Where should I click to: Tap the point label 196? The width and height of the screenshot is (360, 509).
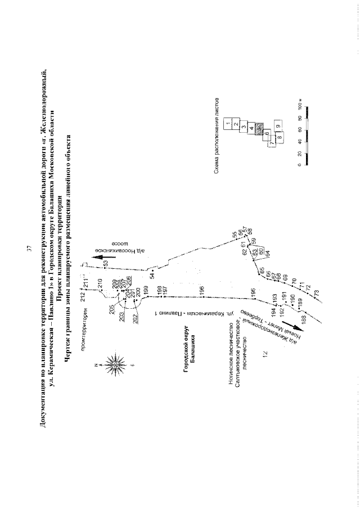(x=202, y=290)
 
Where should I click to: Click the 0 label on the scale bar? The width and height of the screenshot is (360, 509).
(x=299, y=166)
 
